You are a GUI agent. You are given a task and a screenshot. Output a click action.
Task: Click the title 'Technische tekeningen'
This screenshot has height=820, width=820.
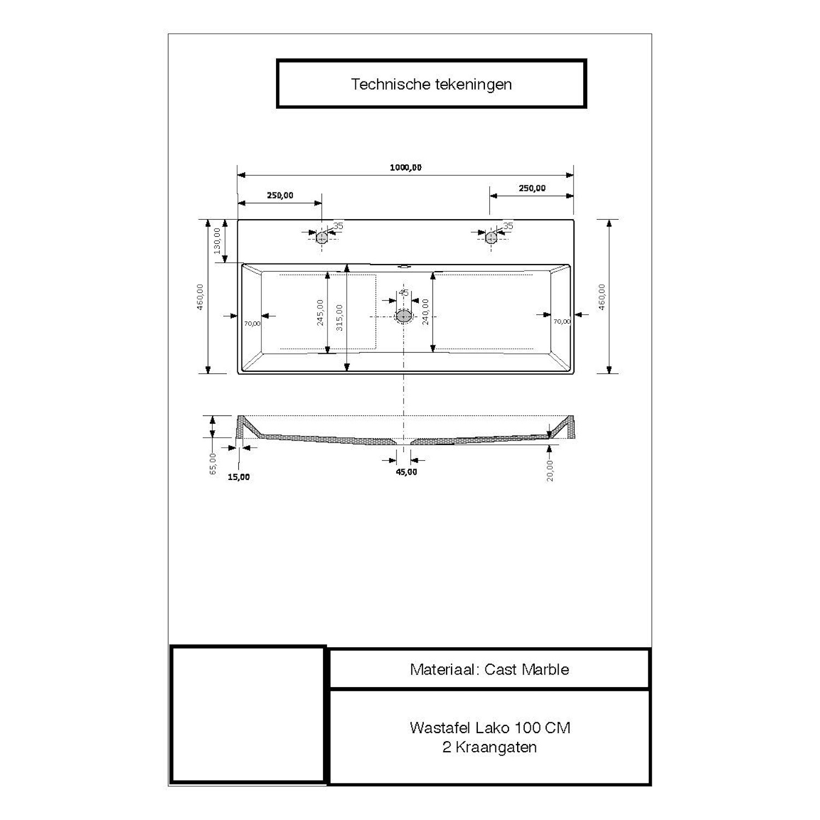tap(431, 84)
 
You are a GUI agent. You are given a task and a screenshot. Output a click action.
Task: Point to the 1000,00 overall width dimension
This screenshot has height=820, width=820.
tap(406, 167)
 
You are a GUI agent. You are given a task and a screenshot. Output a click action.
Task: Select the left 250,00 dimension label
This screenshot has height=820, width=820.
tap(280, 195)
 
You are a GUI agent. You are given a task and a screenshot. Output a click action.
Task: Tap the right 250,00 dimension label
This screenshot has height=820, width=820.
tap(532, 188)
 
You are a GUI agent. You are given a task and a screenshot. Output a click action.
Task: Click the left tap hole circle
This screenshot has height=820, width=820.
tap(321, 237)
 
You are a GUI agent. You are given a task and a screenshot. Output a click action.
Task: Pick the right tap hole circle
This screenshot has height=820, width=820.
tap(491, 237)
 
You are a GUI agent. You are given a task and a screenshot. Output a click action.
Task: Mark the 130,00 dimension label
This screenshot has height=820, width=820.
tap(217, 241)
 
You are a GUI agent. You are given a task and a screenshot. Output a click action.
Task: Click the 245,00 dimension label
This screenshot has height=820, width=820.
tap(320, 312)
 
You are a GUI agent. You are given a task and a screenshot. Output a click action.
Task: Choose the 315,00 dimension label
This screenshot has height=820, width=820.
tap(339, 317)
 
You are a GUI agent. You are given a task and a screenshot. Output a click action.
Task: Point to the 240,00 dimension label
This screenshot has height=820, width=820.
tap(425, 312)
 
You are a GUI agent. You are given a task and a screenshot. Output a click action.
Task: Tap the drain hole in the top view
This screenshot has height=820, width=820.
tap(404, 316)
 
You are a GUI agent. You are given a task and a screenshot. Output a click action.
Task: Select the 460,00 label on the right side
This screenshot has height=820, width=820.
tap(602, 297)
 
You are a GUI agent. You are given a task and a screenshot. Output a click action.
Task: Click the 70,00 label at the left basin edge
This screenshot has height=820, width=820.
tap(252, 323)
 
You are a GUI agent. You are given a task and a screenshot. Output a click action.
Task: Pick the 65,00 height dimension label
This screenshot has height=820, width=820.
tap(213, 464)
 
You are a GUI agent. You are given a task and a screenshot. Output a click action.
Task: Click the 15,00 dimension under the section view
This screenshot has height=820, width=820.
tap(238, 477)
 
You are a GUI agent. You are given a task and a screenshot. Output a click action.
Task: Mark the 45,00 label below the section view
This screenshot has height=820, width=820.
tap(406, 472)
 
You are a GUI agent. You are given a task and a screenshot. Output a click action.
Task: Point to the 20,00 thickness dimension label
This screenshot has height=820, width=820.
tap(549, 470)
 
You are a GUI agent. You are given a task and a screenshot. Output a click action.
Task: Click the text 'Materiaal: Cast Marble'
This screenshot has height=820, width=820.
tap(489, 669)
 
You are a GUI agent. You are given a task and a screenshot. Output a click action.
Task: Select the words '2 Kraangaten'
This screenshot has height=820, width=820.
tap(489, 747)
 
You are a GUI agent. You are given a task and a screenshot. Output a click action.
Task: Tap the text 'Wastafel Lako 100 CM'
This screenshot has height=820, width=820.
tap(489, 728)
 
